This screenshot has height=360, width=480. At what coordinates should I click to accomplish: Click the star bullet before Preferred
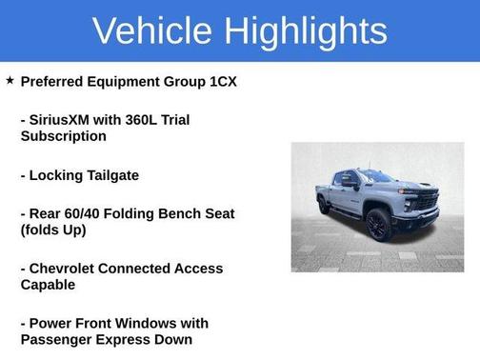[x=10, y=81]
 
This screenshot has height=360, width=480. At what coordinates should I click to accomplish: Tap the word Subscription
[x=64, y=136]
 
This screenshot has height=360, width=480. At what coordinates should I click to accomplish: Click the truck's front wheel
[x=378, y=226]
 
